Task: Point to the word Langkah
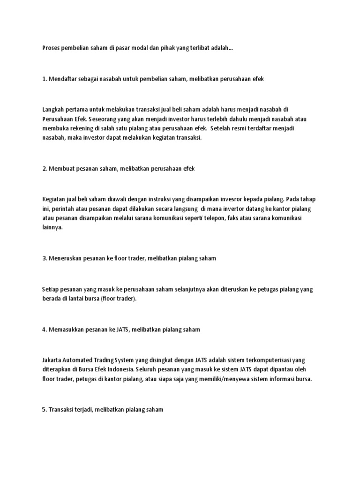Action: tap(53, 109)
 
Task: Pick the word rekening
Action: tap(80, 128)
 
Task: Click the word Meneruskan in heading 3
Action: tap(66, 258)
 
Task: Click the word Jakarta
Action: tap(51, 360)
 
